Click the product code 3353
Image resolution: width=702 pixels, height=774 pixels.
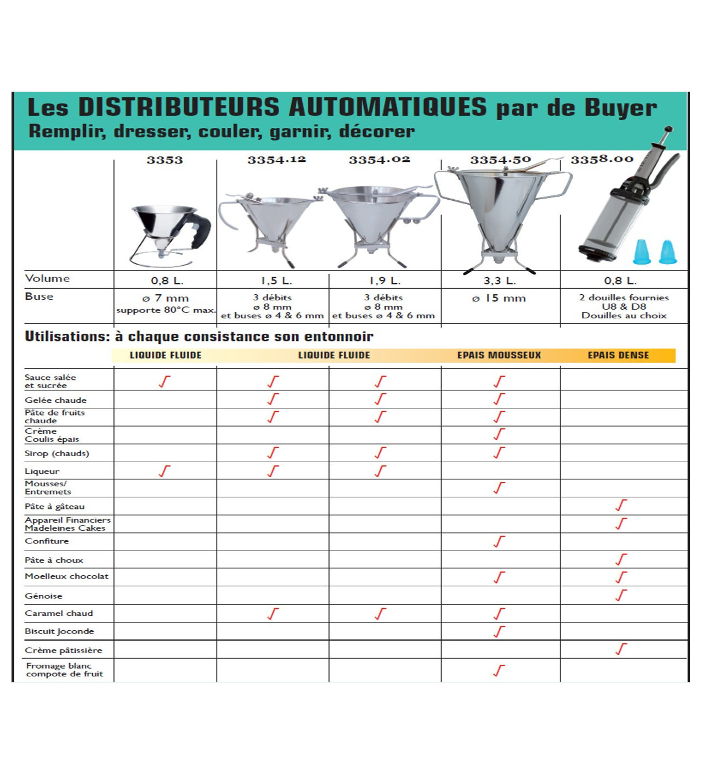tap(165, 160)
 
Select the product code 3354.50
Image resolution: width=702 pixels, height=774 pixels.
tap(500, 160)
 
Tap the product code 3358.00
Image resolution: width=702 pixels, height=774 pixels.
tap(602, 159)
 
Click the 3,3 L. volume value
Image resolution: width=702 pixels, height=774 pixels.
tap(500, 281)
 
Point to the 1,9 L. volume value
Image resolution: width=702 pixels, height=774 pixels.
tap(385, 281)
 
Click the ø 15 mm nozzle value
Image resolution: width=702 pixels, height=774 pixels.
tap(499, 299)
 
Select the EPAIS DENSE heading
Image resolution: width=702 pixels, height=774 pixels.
tap(618, 355)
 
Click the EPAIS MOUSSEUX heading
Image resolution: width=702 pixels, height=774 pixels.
tap(499, 355)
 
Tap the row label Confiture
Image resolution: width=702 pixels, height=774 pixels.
tap(47, 541)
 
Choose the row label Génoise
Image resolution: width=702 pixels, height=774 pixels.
tap(44, 596)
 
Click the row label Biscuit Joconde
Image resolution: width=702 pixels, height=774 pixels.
tap(59, 631)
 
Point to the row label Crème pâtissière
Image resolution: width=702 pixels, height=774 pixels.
tap(64, 650)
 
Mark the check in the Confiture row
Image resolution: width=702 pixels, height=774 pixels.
tap(499, 542)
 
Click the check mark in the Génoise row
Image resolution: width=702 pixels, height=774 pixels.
tap(621, 595)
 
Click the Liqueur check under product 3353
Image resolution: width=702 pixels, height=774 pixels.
tap(165, 471)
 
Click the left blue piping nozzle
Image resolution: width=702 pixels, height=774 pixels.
tap(642, 253)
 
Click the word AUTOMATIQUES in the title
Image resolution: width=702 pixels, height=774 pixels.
tap(387, 107)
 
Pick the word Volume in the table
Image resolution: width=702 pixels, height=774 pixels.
tap(48, 279)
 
